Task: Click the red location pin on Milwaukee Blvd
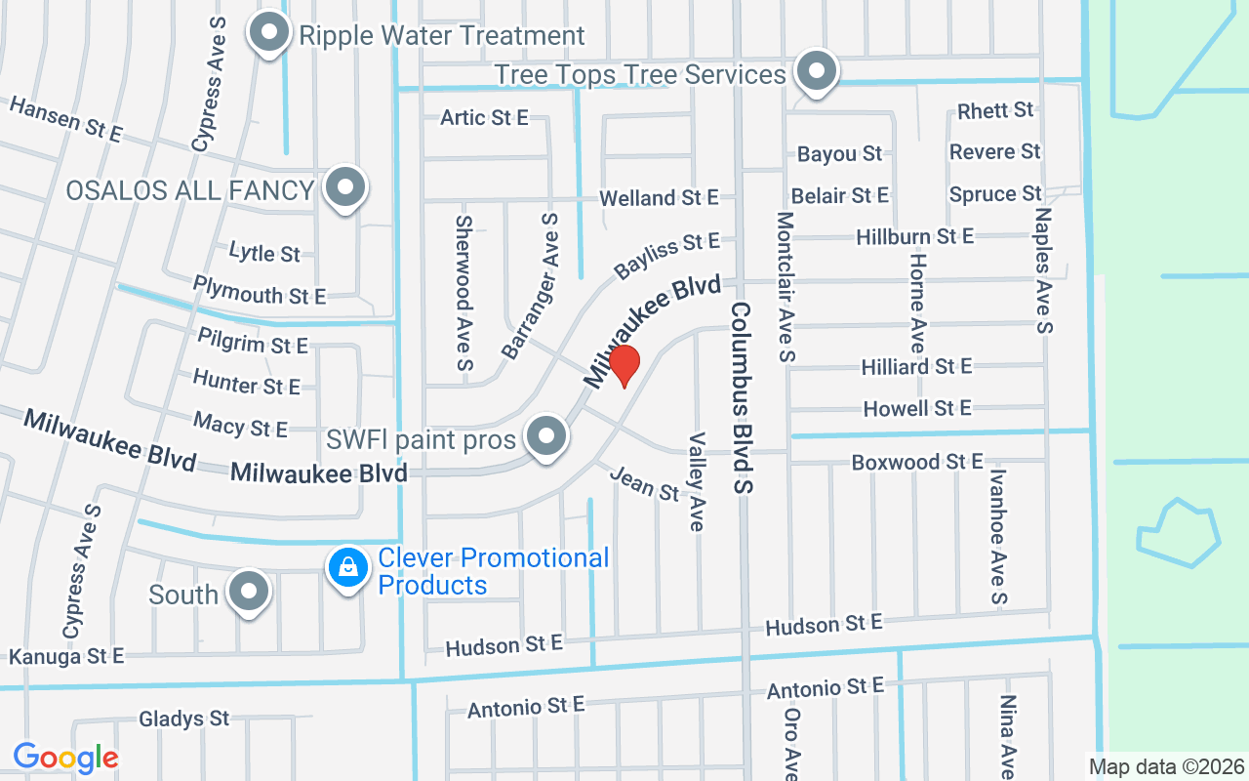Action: point(624,365)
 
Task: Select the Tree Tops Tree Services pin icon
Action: point(815,72)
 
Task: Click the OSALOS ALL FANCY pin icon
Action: point(343,187)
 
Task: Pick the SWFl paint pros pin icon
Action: point(546,437)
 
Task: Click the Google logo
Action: point(65,757)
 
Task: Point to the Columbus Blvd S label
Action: point(745,395)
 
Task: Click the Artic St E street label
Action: point(484,117)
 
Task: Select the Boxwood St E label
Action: point(917,462)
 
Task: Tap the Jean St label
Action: point(644,483)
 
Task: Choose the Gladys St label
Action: point(183,719)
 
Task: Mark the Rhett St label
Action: point(995,110)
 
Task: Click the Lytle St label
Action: point(264,253)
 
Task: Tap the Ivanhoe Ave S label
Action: point(997,536)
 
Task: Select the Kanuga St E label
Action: point(66,656)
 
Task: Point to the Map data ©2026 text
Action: point(1166,766)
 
